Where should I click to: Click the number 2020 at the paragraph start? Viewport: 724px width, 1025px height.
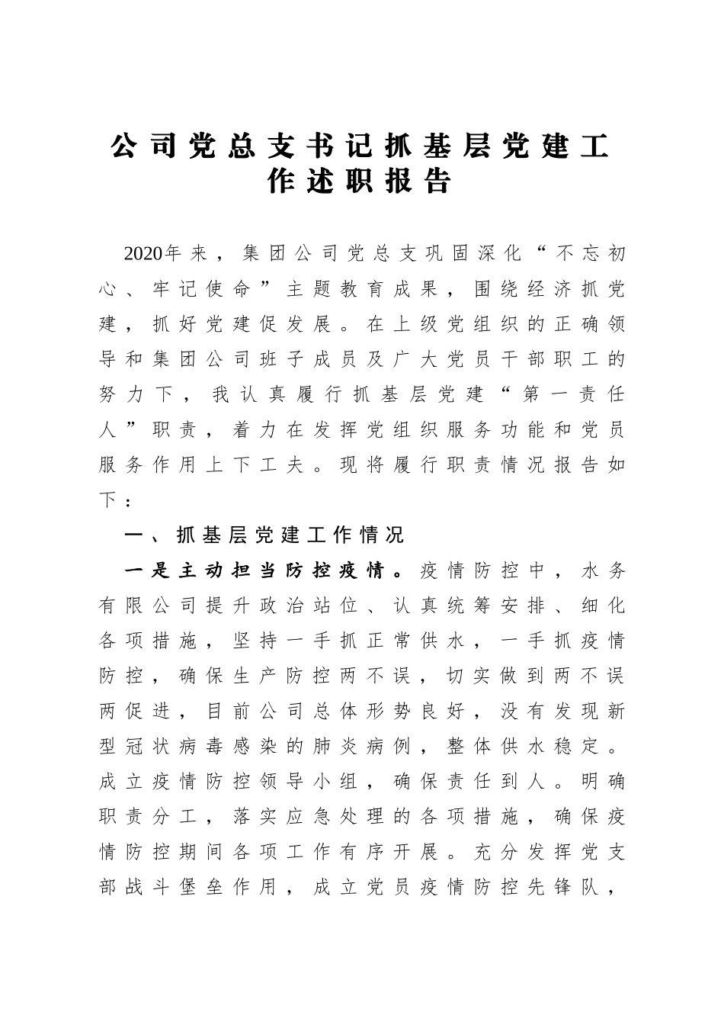point(143,253)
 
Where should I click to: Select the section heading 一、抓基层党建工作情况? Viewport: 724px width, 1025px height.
point(264,535)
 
